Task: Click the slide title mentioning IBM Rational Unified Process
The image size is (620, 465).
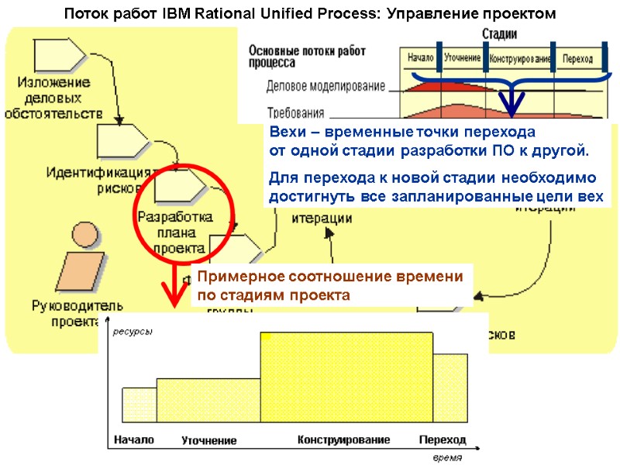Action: (x=309, y=14)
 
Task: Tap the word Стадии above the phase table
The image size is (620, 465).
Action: (x=499, y=34)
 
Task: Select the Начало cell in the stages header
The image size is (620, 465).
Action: (x=419, y=59)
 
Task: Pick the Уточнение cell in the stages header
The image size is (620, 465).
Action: (x=463, y=59)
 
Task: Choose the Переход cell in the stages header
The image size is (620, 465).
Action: (x=578, y=59)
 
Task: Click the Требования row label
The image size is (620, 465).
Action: (x=297, y=111)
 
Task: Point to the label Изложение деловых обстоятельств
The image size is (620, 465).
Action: (x=54, y=98)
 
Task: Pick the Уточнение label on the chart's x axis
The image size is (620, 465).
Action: (x=209, y=440)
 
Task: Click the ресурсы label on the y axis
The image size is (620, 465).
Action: (x=133, y=332)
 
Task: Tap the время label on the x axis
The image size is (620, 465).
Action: (x=447, y=457)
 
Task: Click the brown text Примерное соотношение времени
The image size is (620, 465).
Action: (x=329, y=277)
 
